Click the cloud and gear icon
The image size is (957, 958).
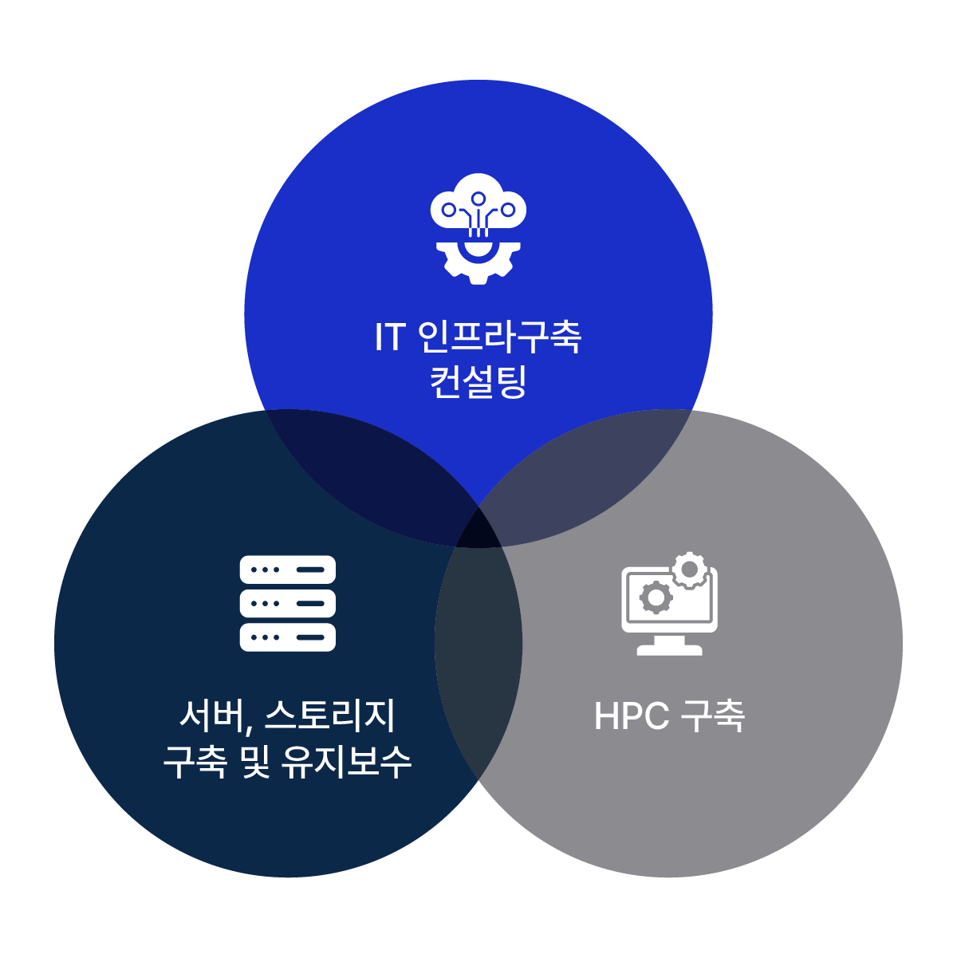coord(478,228)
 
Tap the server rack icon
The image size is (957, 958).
coord(287,603)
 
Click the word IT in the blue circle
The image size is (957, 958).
coord(390,337)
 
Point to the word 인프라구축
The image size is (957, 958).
coord(500,337)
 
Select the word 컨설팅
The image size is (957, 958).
coord(478,382)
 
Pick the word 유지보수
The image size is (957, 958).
coord(347,762)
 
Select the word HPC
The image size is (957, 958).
coord(632,716)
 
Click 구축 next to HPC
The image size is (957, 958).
coord(714,716)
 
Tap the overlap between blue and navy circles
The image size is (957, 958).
coord(375,471)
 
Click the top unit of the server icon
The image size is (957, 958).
coord(287,570)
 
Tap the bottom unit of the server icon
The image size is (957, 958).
coord(287,637)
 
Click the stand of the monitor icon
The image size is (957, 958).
coord(670,645)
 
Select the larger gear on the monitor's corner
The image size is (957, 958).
coord(689,570)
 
